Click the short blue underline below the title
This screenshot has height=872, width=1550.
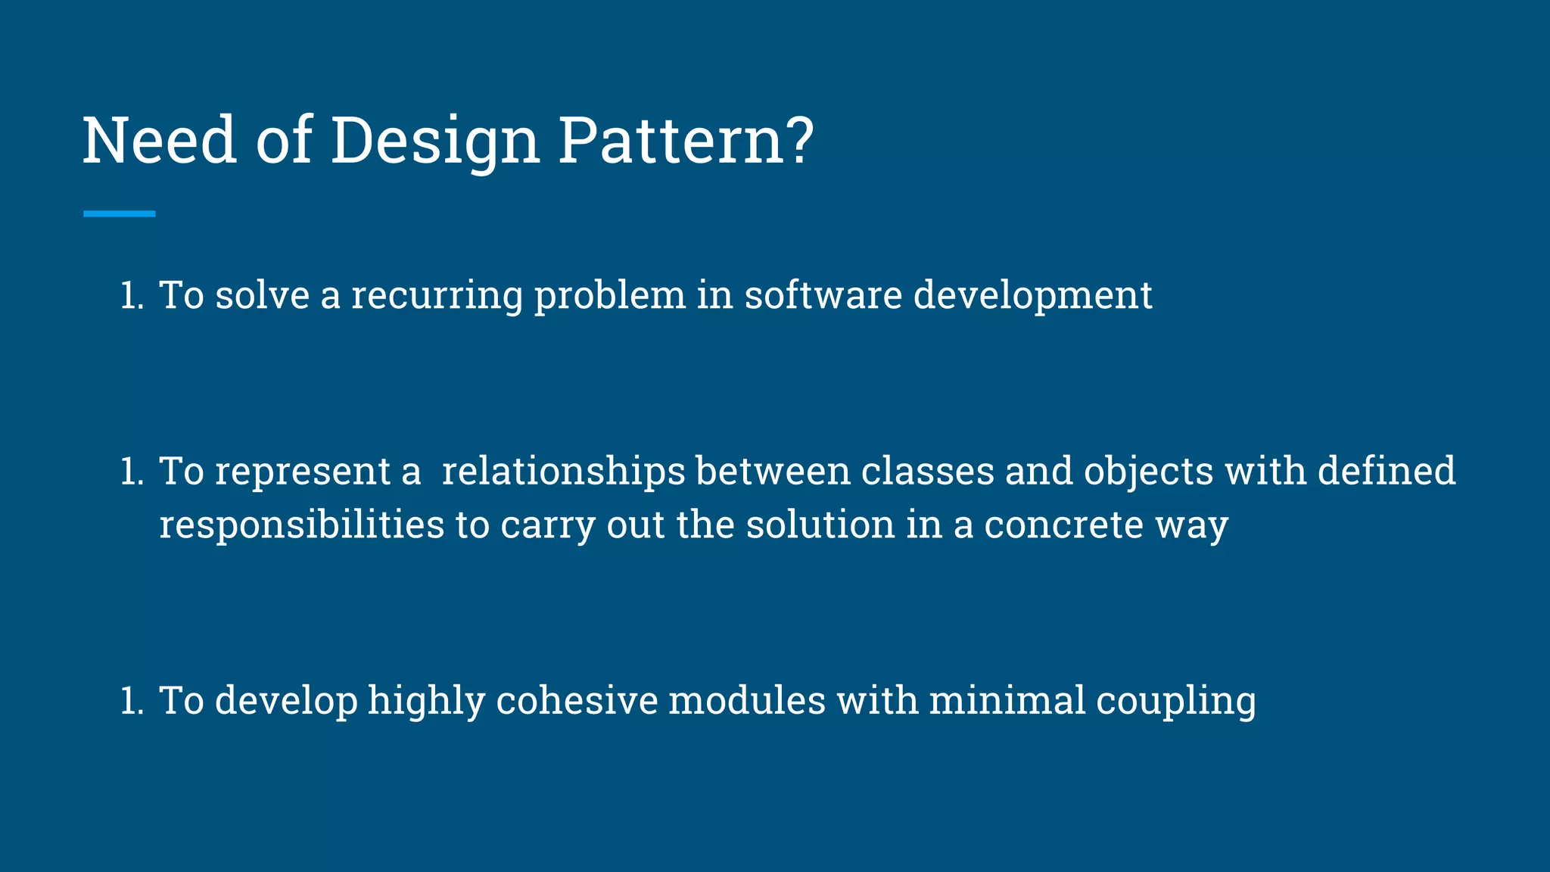[x=119, y=214]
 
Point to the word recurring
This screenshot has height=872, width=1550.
[x=437, y=295]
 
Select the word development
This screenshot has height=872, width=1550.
[x=1032, y=295]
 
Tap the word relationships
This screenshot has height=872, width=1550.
[x=563, y=472]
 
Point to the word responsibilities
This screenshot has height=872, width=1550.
[x=301, y=525]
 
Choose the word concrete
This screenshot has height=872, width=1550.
[x=1063, y=525]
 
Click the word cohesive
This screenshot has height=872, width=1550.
[x=577, y=701]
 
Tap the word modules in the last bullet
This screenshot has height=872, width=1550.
[x=747, y=701]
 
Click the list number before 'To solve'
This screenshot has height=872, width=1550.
[x=132, y=296]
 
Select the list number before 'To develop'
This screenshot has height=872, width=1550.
[x=132, y=702]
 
